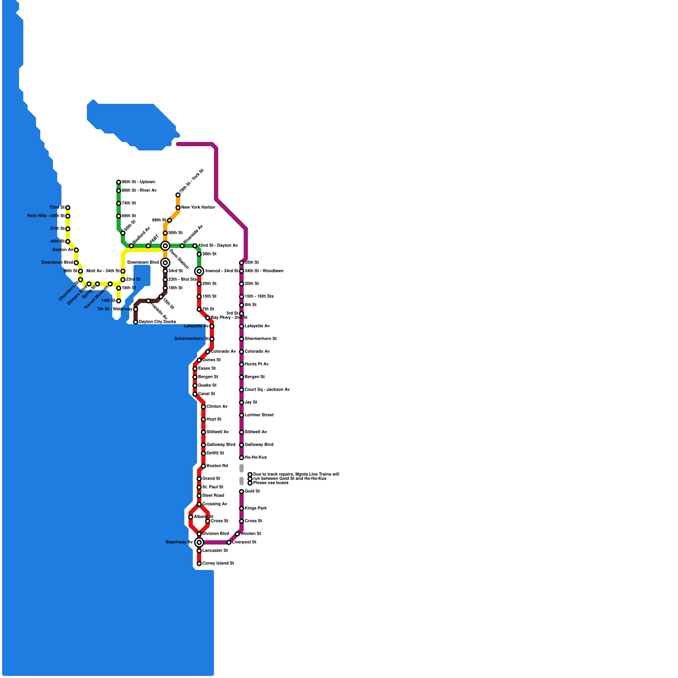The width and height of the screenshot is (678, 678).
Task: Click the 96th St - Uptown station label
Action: tap(138, 182)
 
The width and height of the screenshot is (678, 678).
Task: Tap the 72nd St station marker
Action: tap(68, 208)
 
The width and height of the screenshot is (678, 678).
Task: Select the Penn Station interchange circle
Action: tap(165, 246)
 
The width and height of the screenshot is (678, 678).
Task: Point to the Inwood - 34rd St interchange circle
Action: tap(199, 271)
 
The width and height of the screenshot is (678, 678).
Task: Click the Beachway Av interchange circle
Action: tap(199, 542)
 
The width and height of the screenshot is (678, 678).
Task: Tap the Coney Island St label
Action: tap(218, 564)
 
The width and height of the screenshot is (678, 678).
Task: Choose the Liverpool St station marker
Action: tap(229, 542)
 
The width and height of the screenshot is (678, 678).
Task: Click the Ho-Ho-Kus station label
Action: tap(256, 458)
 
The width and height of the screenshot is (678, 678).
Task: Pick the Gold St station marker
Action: tap(242, 492)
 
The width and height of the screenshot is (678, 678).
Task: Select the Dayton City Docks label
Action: tap(157, 322)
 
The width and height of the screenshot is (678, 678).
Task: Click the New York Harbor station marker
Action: tap(178, 208)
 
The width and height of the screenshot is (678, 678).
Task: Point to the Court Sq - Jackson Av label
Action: tap(267, 390)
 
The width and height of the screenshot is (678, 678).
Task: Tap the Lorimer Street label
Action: tap(259, 415)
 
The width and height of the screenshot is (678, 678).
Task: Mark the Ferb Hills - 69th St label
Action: tap(46, 216)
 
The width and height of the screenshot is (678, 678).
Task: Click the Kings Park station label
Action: tap(256, 508)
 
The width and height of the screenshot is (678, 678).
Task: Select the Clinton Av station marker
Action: tap(203, 407)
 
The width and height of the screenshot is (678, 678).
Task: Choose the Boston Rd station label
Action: tap(217, 466)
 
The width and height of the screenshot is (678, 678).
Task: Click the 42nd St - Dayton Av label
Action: tap(218, 246)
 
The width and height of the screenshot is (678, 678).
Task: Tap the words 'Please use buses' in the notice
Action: tap(271, 483)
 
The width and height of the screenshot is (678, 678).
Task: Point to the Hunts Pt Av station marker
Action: tap(242, 364)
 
